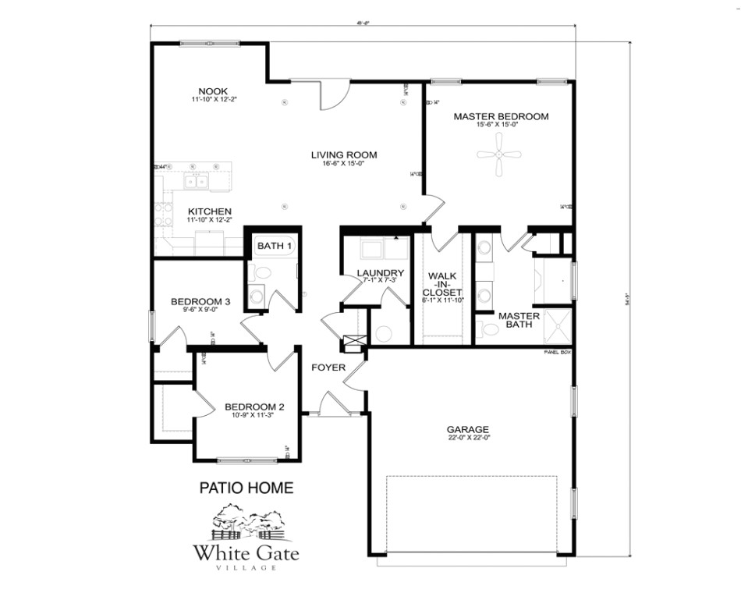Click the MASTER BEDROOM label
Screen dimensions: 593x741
501,116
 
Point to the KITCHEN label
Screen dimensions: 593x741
209,211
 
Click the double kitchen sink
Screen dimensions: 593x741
196,182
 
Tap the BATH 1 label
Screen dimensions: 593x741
274,247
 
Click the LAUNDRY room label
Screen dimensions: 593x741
379,272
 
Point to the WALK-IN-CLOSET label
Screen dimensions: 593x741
441,284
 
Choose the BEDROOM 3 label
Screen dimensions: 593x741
200,301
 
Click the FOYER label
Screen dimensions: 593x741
328,367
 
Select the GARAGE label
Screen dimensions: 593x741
467,429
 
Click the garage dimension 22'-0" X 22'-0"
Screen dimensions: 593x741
467,439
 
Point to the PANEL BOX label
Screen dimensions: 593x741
558,353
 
